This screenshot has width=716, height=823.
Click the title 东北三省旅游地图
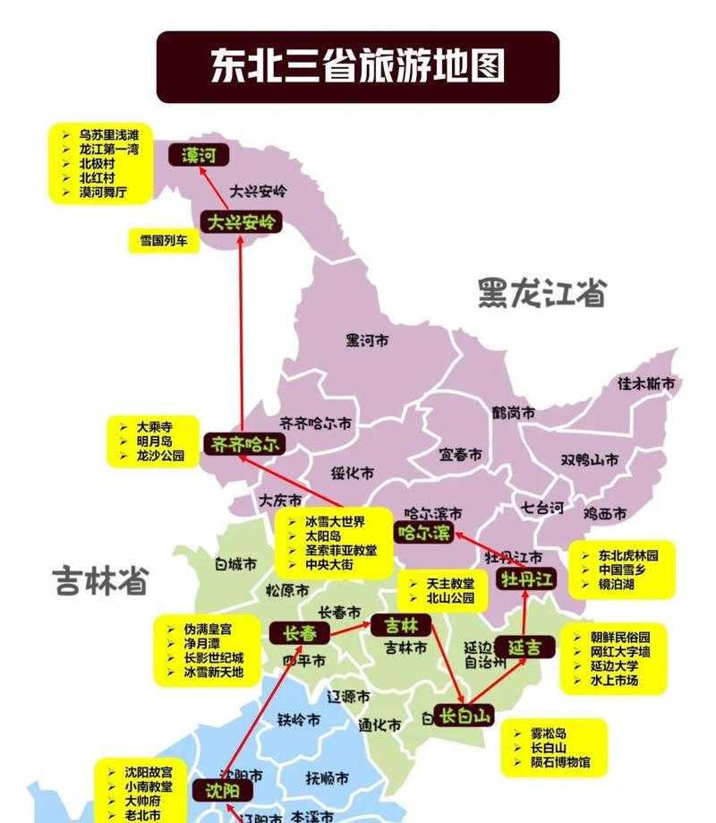[x=358, y=66]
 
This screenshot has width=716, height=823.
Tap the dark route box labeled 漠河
[x=199, y=156]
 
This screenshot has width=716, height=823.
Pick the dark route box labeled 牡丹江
[x=527, y=579]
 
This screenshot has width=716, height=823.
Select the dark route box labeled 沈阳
[x=222, y=791]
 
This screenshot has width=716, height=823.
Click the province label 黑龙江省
[x=541, y=293]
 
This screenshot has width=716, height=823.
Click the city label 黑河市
[x=368, y=340]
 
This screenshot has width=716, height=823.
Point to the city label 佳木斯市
[x=646, y=383]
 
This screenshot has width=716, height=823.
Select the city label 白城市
[x=235, y=564]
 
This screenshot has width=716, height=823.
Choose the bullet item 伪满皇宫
[x=207, y=628]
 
